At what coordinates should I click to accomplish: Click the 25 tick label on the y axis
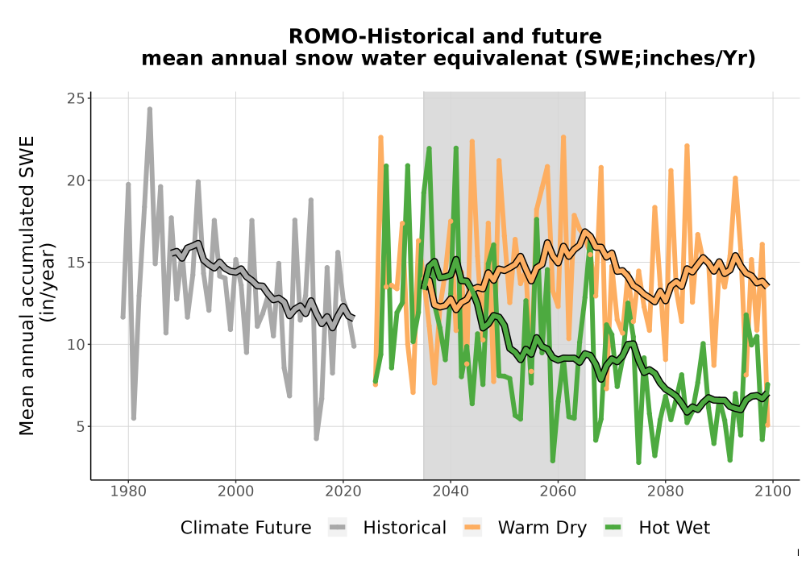click(x=75, y=98)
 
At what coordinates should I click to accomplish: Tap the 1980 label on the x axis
click(x=128, y=491)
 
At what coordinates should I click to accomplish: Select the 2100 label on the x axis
click(x=773, y=491)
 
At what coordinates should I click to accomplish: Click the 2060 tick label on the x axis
click(x=558, y=491)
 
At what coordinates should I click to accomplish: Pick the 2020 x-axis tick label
click(x=343, y=491)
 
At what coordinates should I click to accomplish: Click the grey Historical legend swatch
click(x=338, y=528)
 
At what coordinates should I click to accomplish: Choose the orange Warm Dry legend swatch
click(x=472, y=528)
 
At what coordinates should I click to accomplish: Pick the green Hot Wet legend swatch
click(x=613, y=528)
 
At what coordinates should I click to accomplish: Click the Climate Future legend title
click(x=246, y=528)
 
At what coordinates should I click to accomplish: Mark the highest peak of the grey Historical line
click(x=150, y=109)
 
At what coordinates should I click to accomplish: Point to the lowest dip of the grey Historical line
click(x=316, y=438)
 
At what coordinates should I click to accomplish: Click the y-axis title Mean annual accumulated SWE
click(x=27, y=285)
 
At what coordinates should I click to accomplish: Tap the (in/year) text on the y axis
click(x=49, y=283)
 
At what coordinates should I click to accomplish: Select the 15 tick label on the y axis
click(x=75, y=263)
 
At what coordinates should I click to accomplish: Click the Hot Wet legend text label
click(x=675, y=528)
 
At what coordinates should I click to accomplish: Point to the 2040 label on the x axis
click(x=451, y=491)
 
